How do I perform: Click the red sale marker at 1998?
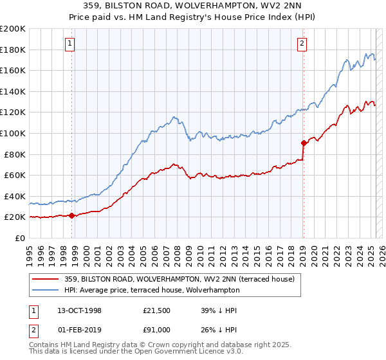(71, 216)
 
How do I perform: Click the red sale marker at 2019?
(303, 143)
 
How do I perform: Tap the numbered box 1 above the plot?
(69, 44)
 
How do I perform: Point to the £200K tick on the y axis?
(12, 28)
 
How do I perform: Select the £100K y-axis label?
(12, 133)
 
